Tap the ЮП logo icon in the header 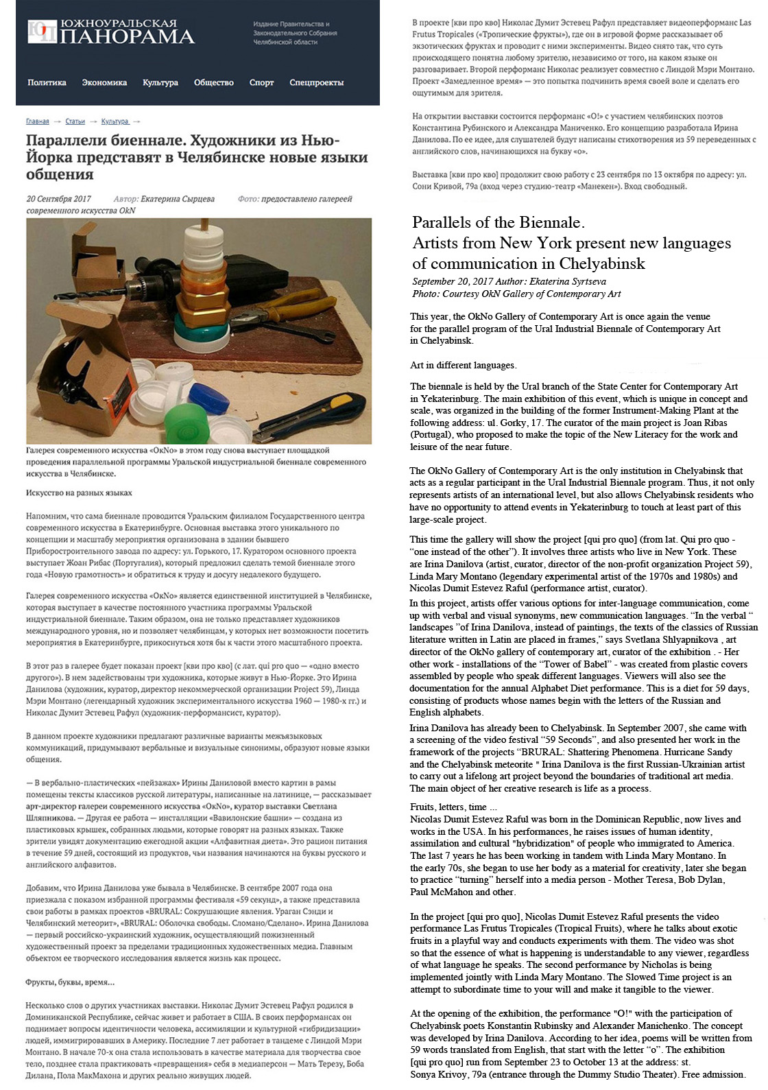click(x=40, y=32)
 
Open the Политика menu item click(x=47, y=83)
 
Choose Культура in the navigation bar click(x=160, y=83)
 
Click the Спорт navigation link click(x=261, y=83)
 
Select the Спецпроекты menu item click(x=316, y=83)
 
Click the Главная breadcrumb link click(x=37, y=121)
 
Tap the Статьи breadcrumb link click(x=75, y=121)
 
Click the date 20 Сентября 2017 click(x=58, y=199)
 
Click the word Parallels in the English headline click(x=442, y=223)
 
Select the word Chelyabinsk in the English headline click(x=603, y=264)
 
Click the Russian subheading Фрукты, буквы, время click(x=70, y=982)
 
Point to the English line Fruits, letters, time click(x=448, y=807)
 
